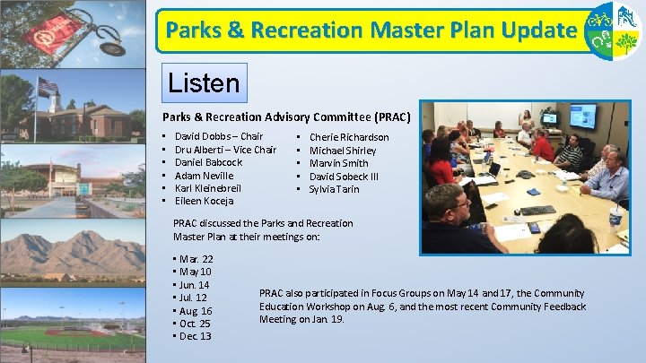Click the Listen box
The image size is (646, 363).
203,83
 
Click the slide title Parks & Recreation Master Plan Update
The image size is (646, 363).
370,31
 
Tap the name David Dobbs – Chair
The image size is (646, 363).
218,136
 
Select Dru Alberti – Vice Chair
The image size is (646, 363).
225,150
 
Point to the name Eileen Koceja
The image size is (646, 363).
204,201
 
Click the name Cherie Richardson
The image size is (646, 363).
349,137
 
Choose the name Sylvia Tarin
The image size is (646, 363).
334,189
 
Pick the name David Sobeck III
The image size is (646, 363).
344,177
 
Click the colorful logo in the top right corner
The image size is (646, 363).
613,30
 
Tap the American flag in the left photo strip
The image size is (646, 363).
47,86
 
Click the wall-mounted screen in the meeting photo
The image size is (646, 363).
581,116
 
